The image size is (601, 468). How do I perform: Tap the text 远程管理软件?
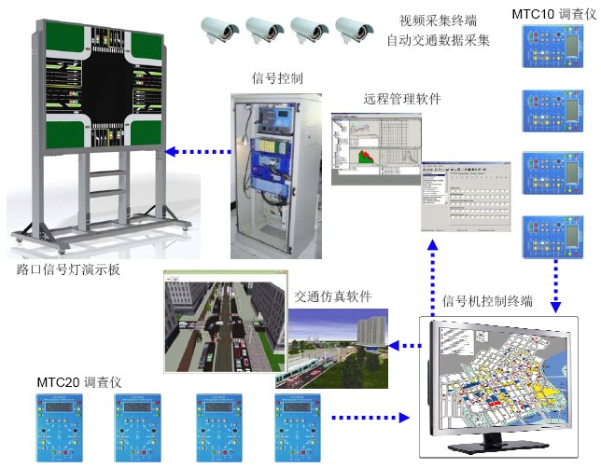401,99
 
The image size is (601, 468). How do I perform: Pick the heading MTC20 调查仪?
80,383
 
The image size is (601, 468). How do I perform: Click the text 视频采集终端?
438,21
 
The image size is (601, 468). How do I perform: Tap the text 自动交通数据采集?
438,41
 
